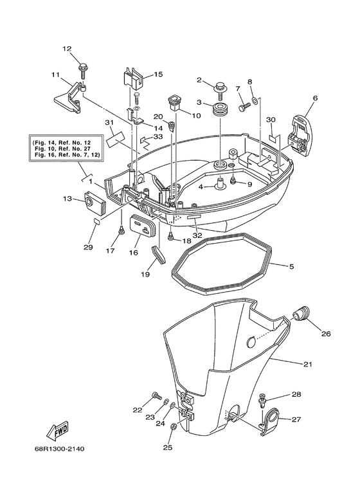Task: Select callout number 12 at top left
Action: coord(67,49)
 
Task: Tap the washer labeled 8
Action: coord(255,100)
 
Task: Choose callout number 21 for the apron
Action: coord(307,365)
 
